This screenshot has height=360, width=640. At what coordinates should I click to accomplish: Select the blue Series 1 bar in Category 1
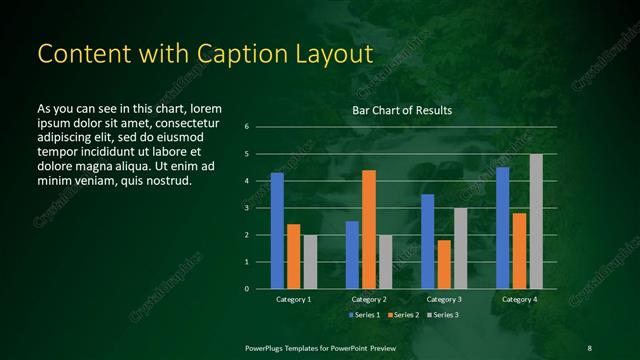277,230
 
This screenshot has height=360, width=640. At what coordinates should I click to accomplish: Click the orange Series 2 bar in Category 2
369,229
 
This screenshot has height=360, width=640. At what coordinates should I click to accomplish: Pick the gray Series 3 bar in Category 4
536,221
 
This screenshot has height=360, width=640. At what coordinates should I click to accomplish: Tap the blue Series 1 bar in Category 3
428,241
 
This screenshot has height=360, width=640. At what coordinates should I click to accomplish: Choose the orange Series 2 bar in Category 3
444,264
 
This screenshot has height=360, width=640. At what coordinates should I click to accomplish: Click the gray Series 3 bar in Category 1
310,261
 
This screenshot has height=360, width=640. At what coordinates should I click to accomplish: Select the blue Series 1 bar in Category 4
503,227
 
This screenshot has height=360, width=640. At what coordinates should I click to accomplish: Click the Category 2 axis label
369,300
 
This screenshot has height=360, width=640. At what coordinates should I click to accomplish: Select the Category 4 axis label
519,300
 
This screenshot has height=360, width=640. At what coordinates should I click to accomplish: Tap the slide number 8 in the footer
589,347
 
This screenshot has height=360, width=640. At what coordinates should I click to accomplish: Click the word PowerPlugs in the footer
266,347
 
